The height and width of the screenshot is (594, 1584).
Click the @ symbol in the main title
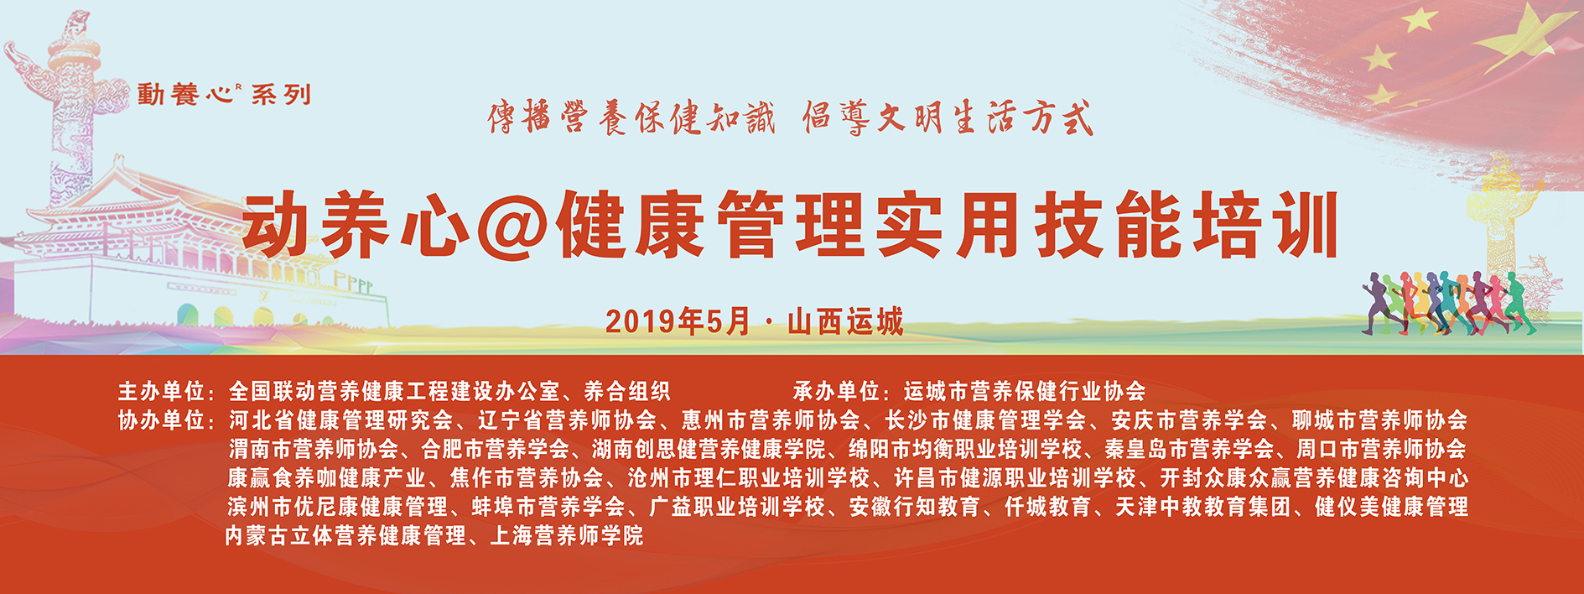point(513,225)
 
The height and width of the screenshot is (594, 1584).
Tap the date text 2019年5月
point(678,321)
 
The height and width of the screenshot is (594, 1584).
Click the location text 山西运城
point(845,321)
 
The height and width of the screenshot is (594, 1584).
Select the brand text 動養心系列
point(225,94)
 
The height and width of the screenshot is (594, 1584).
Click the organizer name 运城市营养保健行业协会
point(1025,391)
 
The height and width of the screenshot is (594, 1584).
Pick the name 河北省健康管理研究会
point(340,419)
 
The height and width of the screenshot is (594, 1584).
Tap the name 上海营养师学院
point(567,535)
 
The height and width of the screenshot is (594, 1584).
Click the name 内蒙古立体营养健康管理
point(345,535)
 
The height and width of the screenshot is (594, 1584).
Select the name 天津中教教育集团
point(1202,507)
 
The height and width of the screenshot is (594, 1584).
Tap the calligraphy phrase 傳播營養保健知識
point(631,117)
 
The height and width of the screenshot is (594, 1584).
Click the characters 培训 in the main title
point(1266,225)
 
